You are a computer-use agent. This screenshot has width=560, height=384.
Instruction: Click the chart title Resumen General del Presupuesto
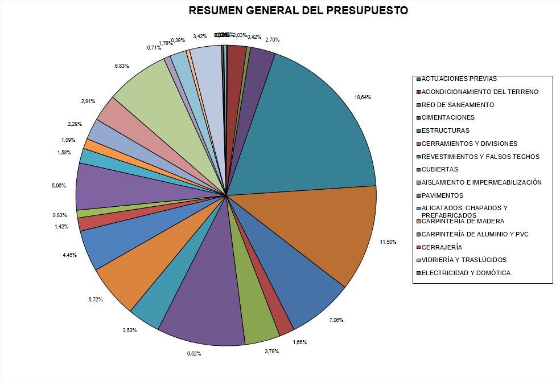pyautogui.click(x=298, y=11)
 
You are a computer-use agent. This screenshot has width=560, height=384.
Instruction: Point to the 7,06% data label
pyautogui.click(x=336, y=320)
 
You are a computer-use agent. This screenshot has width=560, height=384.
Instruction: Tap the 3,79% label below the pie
pyautogui.click(x=256, y=351)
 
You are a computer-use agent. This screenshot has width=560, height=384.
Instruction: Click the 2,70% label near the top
pyautogui.click(x=273, y=40)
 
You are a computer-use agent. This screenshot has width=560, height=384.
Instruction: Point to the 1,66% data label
pyautogui.click(x=300, y=342)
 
